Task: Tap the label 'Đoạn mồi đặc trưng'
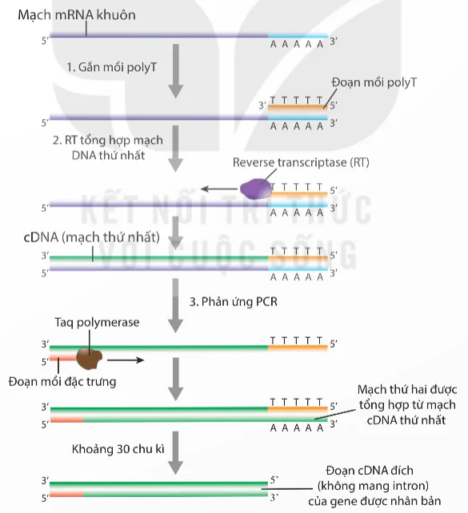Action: coord(69,382)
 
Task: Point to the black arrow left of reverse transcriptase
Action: coord(216,189)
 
